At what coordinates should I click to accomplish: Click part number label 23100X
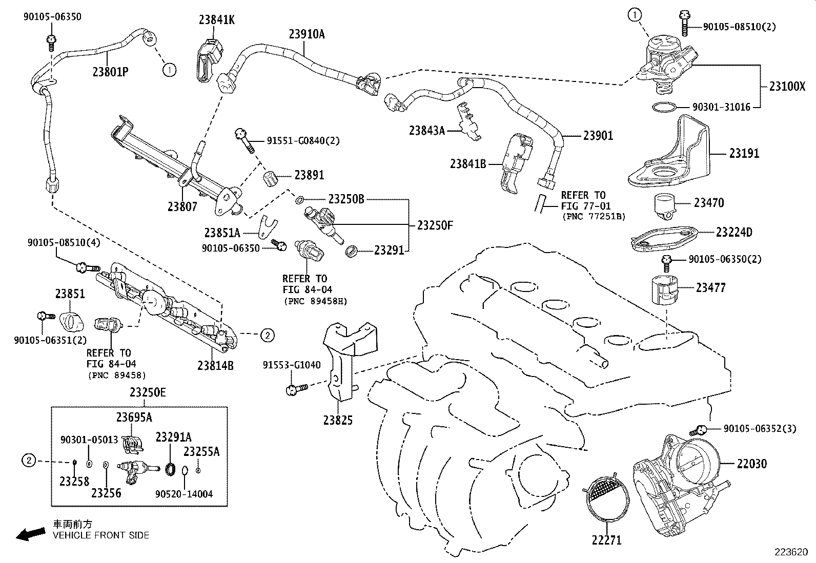tap(787, 86)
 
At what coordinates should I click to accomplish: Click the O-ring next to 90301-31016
tap(664, 107)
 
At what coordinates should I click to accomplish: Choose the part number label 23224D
tap(733, 232)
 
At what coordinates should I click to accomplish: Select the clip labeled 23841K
tap(208, 59)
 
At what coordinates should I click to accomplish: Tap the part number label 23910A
tap(307, 34)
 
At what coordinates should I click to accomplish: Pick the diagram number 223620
tap(793, 553)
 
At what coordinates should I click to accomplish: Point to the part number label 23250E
tap(148, 392)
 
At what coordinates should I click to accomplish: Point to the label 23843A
tap(426, 131)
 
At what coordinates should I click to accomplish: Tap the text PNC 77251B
tap(593, 217)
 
